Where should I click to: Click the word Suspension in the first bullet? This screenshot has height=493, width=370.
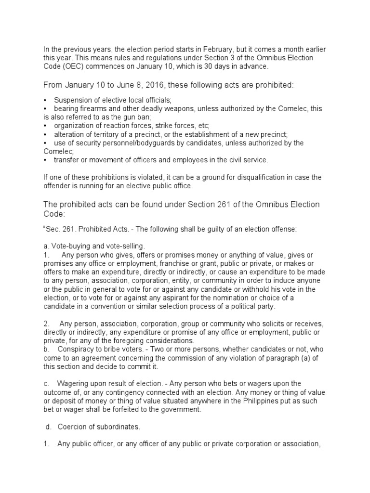pyautogui.click(x=72, y=100)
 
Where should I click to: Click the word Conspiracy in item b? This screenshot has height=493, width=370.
pyautogui.click(x=76, y=349)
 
